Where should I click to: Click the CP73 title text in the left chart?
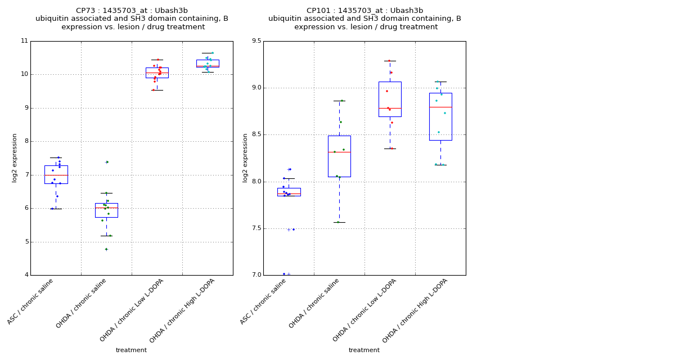(132, 11)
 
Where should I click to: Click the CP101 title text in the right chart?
(364, 11)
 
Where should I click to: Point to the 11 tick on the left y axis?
(24, 41)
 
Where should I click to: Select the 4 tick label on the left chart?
(25, 275)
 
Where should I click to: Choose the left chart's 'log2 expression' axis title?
(15, 157)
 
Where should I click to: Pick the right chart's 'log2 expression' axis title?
(245, 157)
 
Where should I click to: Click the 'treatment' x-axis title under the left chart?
(131, 350)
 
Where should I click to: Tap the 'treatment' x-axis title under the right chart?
(364, 350)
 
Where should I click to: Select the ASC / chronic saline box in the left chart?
(56, 174)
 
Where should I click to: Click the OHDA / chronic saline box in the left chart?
(106, 210)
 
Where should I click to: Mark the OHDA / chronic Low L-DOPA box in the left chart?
(157, 73)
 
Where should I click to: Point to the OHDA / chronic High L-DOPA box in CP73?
(208, 64)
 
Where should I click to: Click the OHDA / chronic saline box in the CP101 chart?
(339, 156)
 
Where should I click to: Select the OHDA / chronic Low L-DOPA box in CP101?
(390, 99)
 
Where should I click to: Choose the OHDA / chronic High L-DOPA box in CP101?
(440, 116)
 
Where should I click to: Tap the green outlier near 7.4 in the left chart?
(107, 162)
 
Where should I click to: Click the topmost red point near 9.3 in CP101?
(389, 61)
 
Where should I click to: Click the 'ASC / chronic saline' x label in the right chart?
(263, 302)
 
